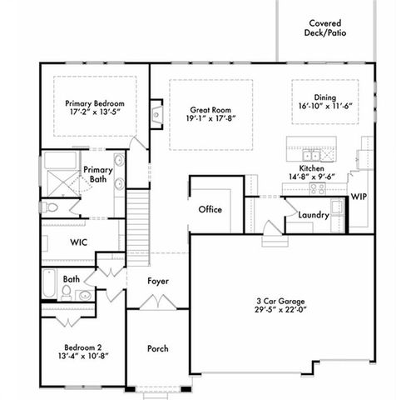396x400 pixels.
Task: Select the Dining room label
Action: pos(325,97)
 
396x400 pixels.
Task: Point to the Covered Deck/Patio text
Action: pos(325,29)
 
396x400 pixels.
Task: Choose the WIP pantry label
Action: pos(359,197)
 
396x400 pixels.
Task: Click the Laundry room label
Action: pos(314,215)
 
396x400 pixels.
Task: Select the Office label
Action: pos(210,209)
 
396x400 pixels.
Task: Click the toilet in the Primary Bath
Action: pos(52,207)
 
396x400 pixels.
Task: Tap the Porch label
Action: pos(158,348)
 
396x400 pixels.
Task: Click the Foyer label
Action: pos(158,281)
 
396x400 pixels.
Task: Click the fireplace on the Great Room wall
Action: pos(156,108)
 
